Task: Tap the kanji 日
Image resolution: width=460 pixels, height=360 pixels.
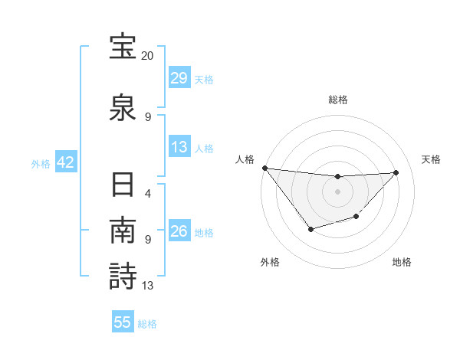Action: (123, 188)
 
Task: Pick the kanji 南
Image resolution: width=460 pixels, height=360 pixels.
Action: (123, 232)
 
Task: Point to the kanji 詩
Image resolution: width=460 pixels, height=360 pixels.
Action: (123, 276)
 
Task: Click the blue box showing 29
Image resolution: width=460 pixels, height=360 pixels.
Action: (179, 78)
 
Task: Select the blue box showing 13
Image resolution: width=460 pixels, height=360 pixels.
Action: (179, 147)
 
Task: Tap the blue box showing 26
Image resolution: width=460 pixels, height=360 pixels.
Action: (179, 231)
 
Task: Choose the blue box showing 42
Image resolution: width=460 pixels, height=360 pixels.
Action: (65, 162)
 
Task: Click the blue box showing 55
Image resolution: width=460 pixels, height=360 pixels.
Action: (123, 322)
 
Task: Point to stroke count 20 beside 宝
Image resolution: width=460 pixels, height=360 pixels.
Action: (147, 56)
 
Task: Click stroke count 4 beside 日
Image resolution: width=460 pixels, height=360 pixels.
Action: (148, 193)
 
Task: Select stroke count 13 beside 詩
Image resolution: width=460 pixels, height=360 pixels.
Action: (148, 286)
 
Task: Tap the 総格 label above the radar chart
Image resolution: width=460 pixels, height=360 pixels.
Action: (337, 100)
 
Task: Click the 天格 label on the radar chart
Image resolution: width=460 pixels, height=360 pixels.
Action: (432, 159)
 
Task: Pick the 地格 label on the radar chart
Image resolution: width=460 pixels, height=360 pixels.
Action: (402, 263)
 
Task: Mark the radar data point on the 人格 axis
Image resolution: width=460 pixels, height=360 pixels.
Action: (264, 168)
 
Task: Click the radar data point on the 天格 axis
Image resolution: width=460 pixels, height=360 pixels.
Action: (396, 172)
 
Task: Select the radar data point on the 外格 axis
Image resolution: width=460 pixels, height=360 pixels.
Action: (310, 229)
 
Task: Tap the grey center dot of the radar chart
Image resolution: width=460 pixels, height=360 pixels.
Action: (337, 191)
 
